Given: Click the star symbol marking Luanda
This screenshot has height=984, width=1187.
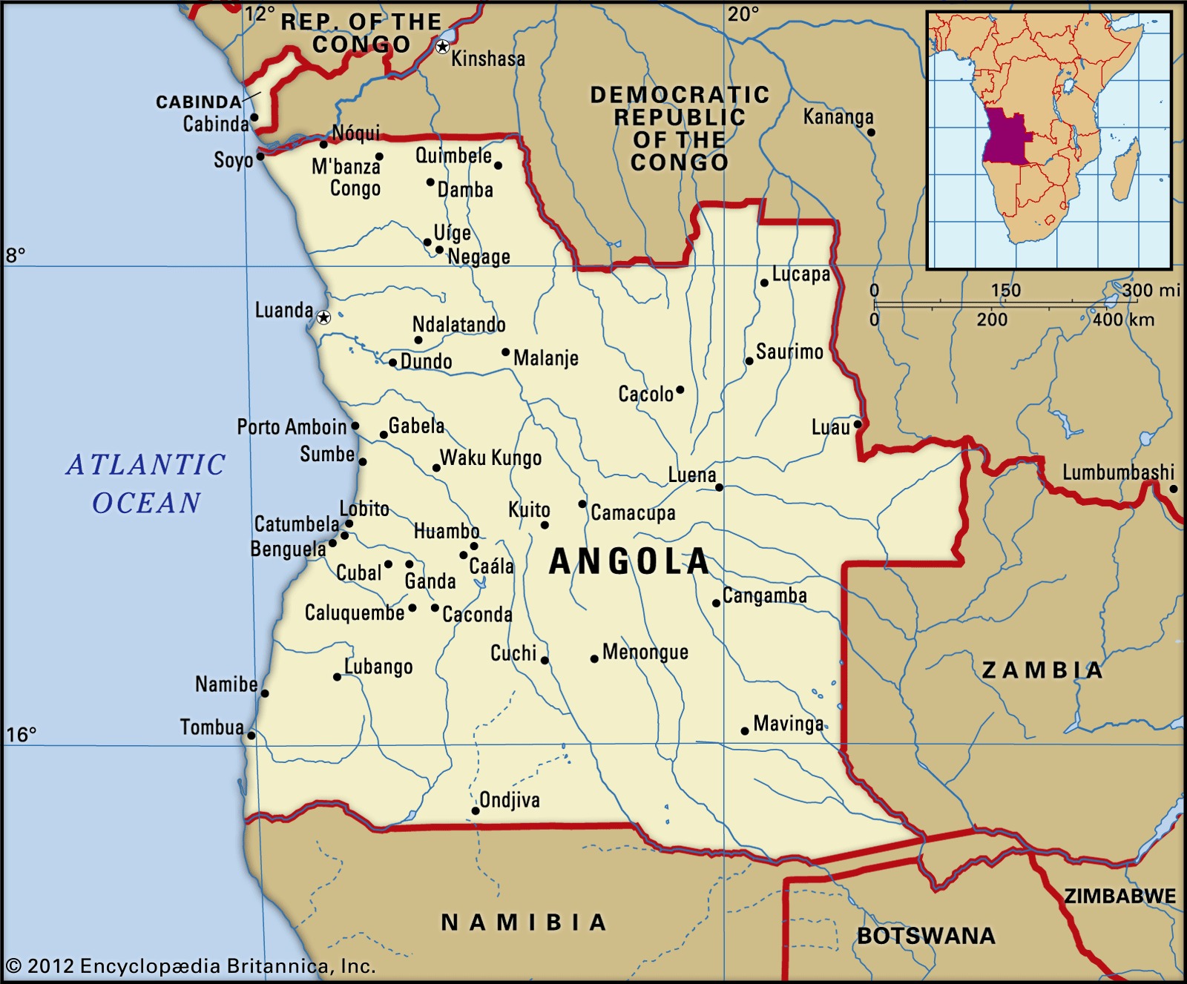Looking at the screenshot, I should click(x=323, y=317).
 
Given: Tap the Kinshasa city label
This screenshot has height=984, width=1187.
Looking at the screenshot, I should click(x=487, y=59).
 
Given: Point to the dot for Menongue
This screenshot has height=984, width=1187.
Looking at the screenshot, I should click(x=594, y=658).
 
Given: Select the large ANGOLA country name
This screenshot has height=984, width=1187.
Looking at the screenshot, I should click(x=630, y=562).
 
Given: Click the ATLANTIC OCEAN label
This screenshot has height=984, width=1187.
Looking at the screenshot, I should click(x=146, y=483).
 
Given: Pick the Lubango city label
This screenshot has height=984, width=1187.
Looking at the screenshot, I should click(x=378, y=667).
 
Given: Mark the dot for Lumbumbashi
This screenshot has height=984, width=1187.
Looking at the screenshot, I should click(x=1174, y=489).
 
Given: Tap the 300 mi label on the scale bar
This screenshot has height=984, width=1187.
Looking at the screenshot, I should click(x=1151, y=290).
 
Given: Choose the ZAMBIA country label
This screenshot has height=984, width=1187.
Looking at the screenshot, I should click(x=1042, y=670).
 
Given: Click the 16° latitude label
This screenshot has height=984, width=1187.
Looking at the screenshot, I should click(x=21, y=734).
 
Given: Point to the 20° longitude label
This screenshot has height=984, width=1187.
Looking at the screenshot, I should click(x=743, y=14).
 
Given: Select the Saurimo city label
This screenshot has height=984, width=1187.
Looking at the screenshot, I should click(x=789, y=351).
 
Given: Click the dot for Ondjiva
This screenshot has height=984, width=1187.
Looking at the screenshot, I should click(x=476, y=810).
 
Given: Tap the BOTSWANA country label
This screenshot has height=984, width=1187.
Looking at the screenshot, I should click(x=926, y=936).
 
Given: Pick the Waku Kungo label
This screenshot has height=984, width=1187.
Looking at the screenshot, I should click(x=490, y=458).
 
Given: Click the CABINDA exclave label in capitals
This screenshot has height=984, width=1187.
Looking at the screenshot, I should click(x=198, y=102).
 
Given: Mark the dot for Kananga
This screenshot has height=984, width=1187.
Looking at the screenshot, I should click(x=872, y=133).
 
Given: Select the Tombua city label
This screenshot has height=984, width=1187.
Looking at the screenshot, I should click(x=211, y=727).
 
